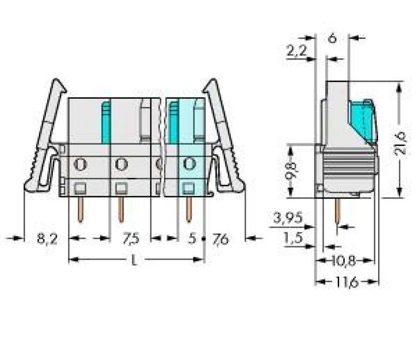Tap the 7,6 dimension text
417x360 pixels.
[x=220, y=239]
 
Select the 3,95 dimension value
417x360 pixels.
[x=288, y=218]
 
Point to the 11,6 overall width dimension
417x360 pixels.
[x=347, y=282]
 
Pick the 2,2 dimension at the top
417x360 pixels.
[x=296, y=52]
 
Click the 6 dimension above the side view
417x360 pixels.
[x=332, y=38]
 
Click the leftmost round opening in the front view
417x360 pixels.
[x=80, y=163]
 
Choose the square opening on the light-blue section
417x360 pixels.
[x=188, y=187]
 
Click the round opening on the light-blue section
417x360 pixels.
[x=188, y=163]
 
